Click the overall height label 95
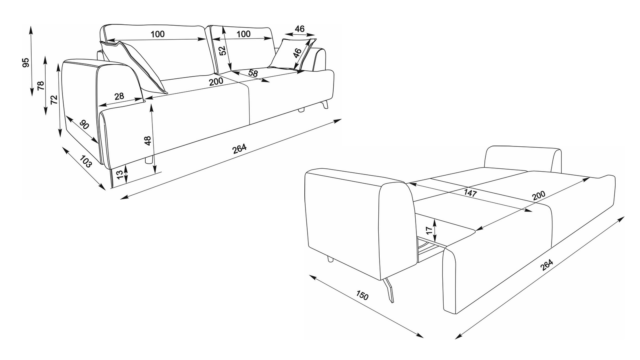(x=26, y=62)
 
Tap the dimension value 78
(x=41, y=86)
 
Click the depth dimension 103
(x=86, y=162)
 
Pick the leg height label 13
(x=120, y=174)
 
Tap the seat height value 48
(x=148, y=140)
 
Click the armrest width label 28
(x=119, y=96)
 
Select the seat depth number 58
(x=253, y=73)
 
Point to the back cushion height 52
(x=223, y=50)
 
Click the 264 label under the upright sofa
(x=240, y=148)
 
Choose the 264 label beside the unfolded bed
(x=546, y=264)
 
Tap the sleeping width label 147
(x=470, y=194)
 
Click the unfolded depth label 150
(x=362, y=295)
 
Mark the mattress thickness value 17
(x=428, y=230)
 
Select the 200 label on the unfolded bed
(x=538, y=196)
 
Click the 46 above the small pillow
(x=300, y=29)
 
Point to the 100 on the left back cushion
(x=158, y=34)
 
